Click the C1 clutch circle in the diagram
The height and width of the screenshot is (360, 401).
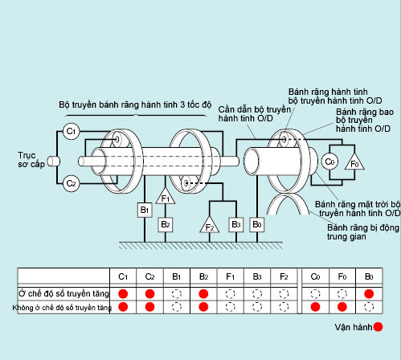pos(71,132)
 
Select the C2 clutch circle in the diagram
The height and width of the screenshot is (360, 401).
pos(71,184)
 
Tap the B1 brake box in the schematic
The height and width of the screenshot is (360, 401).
pos(145,210)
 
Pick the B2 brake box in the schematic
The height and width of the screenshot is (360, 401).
pos(166,225)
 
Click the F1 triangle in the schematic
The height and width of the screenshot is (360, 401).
pos(166,197)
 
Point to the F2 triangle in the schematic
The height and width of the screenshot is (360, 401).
pos(210,225)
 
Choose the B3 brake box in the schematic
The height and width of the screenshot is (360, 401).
pos(236,225)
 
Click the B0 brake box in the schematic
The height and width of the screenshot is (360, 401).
pos(257,225)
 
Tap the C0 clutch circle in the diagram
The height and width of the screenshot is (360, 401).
pos(329,162)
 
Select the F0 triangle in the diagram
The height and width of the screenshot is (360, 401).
pos(354,162)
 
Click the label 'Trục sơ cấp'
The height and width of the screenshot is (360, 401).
pos(31,160)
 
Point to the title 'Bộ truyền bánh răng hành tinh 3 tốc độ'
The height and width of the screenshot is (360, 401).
pos(135,104)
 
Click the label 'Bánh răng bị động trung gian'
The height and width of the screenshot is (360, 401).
pos(363,232)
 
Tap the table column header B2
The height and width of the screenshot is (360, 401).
pos(203,276)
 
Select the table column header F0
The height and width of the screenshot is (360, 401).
pos(342,276)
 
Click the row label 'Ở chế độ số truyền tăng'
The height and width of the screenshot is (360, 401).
pos(63,293)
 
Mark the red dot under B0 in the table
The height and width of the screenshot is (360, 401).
pos(369,294)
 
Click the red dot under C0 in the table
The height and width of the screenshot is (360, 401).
pos(315,307)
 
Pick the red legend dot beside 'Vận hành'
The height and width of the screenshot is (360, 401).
pos(378,327)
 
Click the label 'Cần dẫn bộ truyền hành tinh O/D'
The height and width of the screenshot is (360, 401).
pos(255,114)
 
